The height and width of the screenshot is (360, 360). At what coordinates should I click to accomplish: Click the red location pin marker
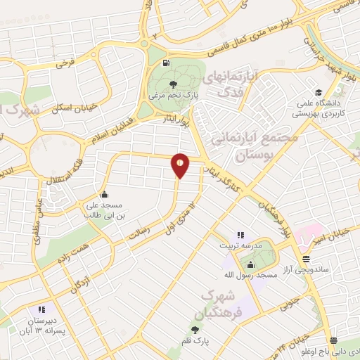pyautogui.click(x=180, y=165)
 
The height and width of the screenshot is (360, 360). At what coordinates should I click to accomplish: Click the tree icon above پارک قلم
pyautogui.click(x=195, y=328)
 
